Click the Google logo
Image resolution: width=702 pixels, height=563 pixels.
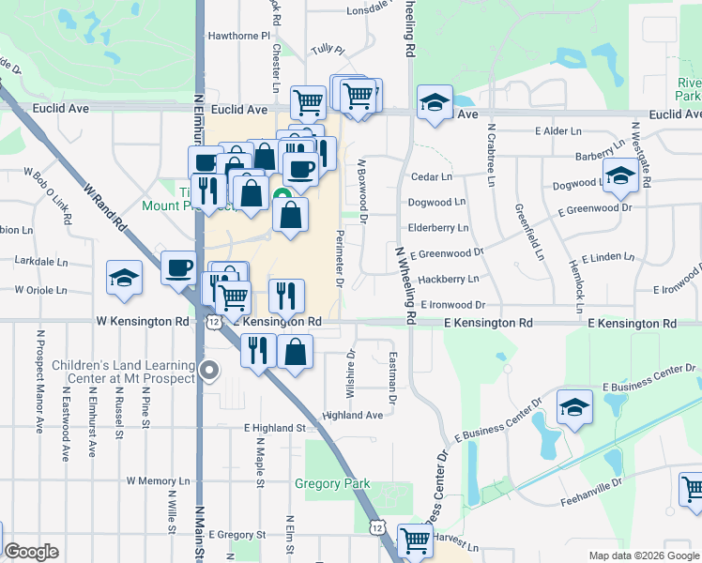pos(31,552)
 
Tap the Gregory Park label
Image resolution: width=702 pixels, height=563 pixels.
pos(332,484)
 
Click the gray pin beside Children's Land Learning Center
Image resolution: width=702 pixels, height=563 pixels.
pos(209,372)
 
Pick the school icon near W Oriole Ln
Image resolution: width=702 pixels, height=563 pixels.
pos(124,278)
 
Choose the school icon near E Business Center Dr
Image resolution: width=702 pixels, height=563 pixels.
pos(574,407)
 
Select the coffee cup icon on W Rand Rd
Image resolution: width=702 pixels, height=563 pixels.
pos(178,269)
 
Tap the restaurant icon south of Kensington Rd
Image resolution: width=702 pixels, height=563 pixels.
pos(258,349)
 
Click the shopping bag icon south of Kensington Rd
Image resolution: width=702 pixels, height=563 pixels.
pos(295,352)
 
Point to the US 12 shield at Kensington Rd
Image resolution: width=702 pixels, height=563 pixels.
pos(215,322)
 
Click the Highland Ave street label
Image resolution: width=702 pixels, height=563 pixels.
pos(353,415)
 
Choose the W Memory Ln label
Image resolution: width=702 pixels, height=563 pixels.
pos(158,480)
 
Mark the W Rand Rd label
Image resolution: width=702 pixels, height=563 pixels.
pos(104,208)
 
